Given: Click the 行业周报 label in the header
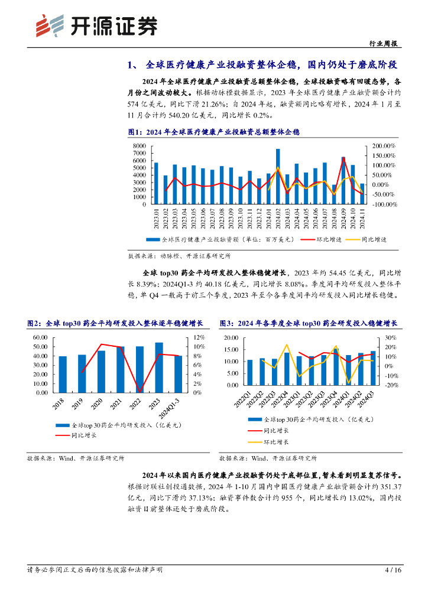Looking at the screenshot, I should pos(384,44).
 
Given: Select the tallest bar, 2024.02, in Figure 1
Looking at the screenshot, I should pos(278,176).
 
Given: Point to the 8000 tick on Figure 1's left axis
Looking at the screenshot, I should pos(139,146).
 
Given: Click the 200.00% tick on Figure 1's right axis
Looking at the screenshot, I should pos(384,146).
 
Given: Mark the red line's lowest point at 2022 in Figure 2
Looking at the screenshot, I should pos(140,391).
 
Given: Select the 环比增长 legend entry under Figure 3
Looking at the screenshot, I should pos(276,441).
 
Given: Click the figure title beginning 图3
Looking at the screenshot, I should pos(308,323).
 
